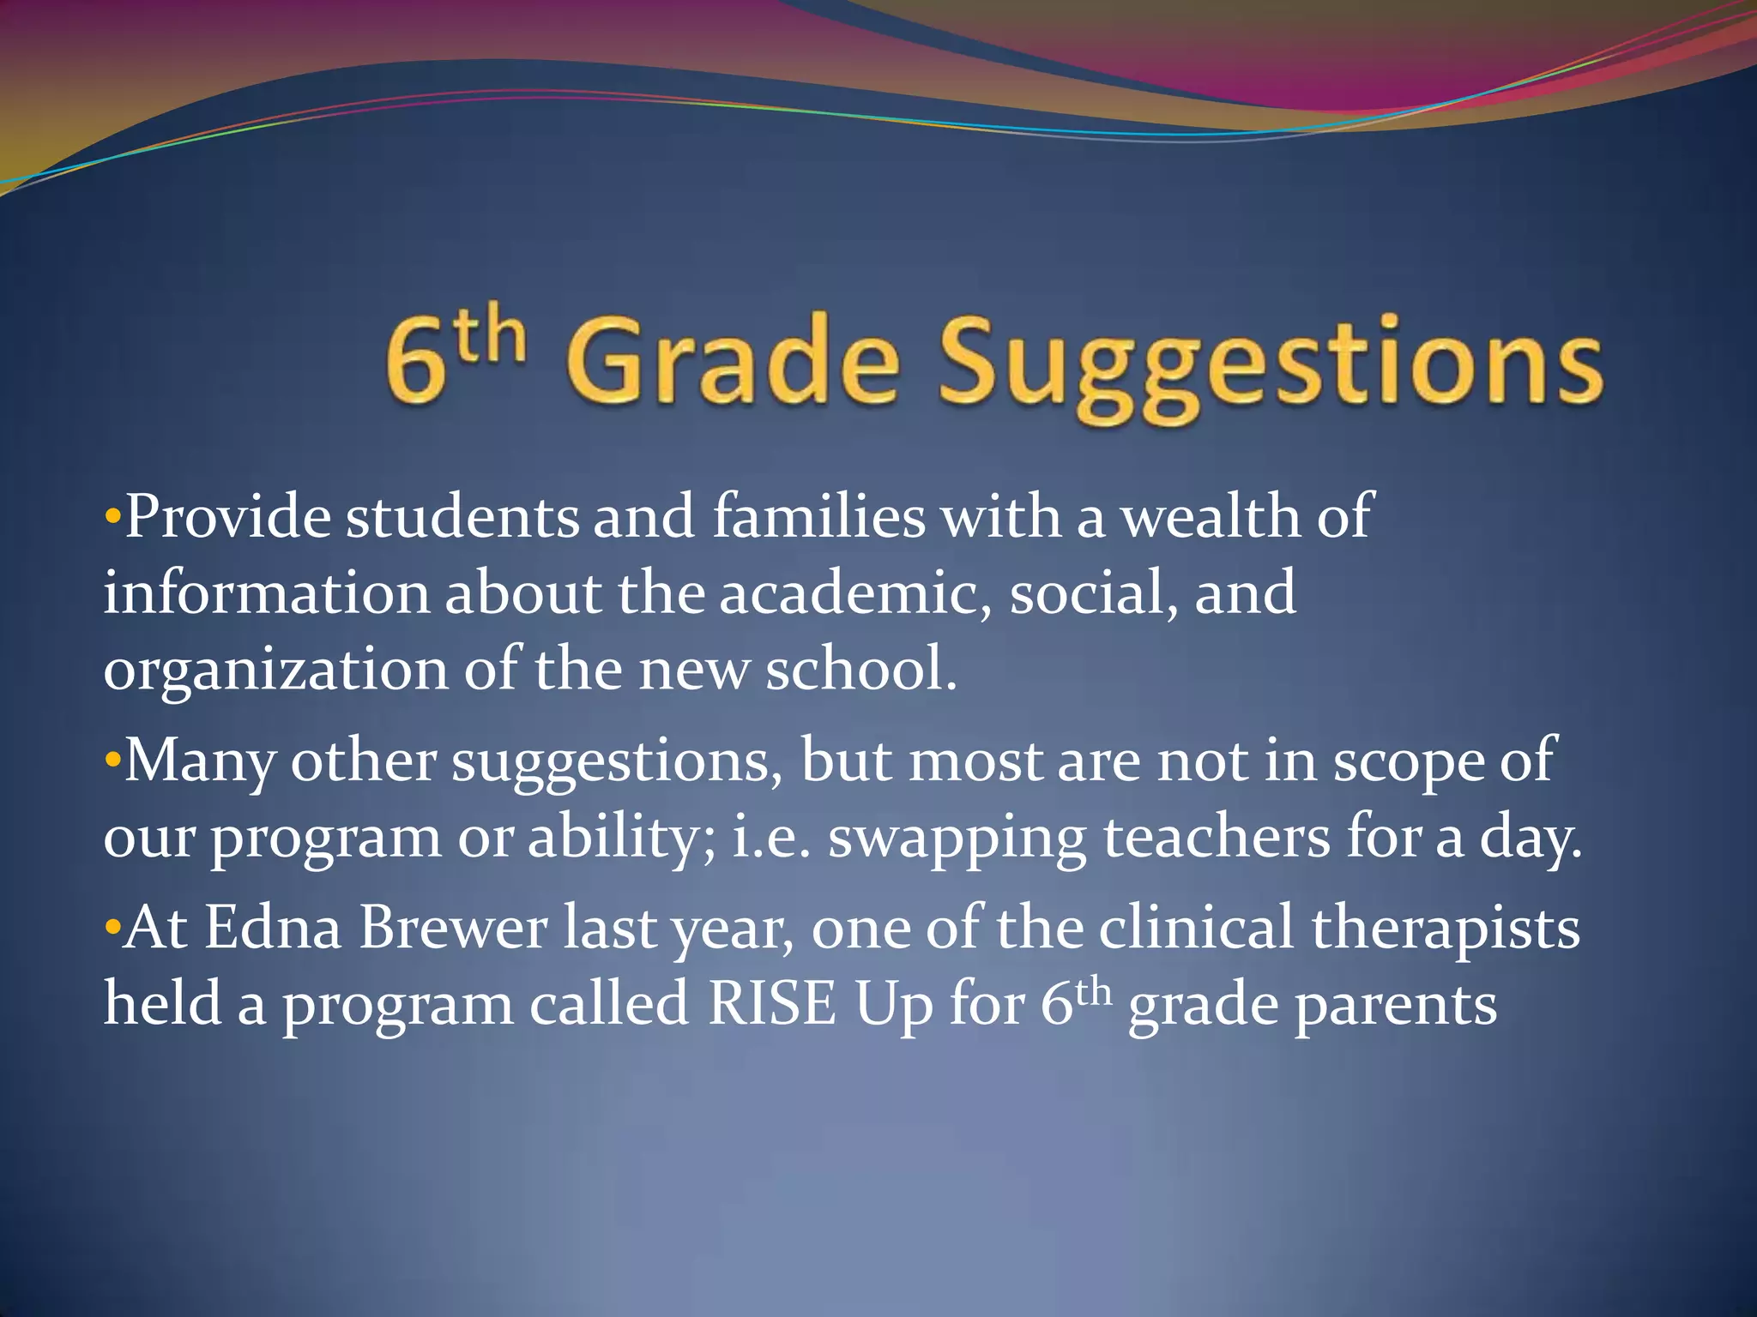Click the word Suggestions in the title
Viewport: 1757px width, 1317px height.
point(1270,364)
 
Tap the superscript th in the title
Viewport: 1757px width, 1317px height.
point(490,337)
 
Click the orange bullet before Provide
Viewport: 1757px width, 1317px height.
point(112,518)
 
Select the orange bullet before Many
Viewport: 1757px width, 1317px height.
point(112,761)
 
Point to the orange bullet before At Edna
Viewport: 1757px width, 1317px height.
point(112,929)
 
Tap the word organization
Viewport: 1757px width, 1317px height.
point(275,671)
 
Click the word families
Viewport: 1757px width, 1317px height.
point(819,517)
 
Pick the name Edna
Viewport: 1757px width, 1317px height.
point(273,928)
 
